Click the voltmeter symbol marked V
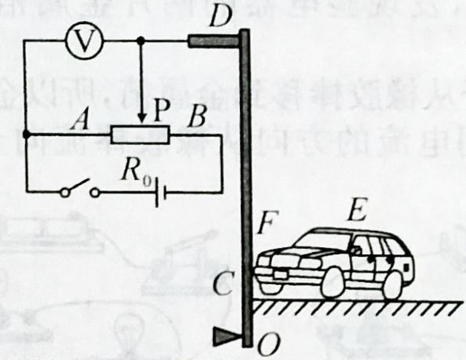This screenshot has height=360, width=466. [84, 40]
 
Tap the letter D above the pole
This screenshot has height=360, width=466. [220, 16]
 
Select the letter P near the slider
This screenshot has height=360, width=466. [162, 112]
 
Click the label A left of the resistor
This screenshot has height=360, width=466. [80, 121]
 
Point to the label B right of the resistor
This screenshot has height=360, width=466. [197, 117]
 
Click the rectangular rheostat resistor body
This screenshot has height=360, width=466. [140, 135]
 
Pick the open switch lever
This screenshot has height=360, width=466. [77, 186]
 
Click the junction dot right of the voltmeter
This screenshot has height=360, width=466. [142, 40]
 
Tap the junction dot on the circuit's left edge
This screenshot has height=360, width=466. [27, 135]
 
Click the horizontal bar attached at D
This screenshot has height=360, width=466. [213, 41]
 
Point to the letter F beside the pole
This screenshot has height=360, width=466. [269, 222]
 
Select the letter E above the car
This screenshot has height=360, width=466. [357, 210]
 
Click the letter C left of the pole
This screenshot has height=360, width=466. [223, 283]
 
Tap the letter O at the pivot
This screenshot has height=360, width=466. [269, 344]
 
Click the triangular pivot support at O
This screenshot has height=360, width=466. [228, 337]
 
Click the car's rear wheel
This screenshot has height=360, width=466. [393, 284]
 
